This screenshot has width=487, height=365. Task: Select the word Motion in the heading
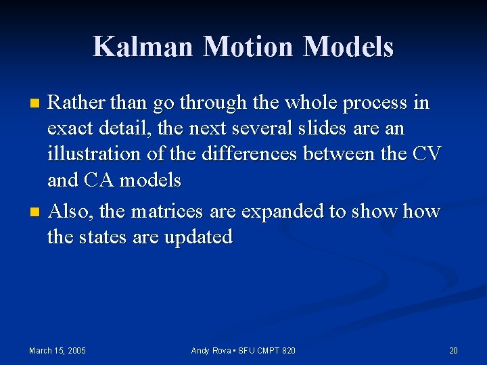tap(250, 47)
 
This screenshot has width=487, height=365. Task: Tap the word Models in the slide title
tap(348, 47)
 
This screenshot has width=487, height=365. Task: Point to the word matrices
tap(166, 212)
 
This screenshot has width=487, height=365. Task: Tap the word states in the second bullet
tap(110, 237)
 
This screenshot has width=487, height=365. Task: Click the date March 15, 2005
tap(57, 350)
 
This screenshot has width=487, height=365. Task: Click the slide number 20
tap(453, 350)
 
